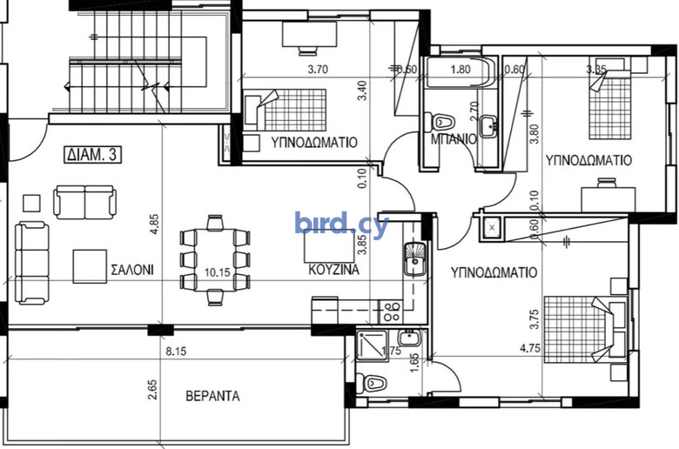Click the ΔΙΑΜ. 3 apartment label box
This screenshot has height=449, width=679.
(93, 155)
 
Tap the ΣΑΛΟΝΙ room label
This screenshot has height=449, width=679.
(132, 270)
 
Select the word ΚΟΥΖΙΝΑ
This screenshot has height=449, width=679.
(333, 270)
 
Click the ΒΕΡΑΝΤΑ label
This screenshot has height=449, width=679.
(212, 396)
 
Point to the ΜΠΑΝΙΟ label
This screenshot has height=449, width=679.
(454, 139)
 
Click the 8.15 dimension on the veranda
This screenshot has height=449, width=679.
(176, 351)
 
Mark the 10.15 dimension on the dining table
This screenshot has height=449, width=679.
(218, 272)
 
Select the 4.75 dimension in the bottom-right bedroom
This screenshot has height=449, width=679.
(530, 348)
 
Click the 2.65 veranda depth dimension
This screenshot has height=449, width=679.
(152, 389)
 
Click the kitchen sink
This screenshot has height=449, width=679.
(415, 259)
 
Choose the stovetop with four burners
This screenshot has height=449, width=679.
(392, 312)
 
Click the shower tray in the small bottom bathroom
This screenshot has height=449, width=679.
(372, 345)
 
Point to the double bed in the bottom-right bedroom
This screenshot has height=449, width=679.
(585, 329)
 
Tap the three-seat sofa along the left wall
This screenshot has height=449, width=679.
(31, 263)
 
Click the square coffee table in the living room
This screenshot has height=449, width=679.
(90, 266)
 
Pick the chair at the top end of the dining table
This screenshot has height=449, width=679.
(215, 223)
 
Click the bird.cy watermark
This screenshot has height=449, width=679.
(341, 224)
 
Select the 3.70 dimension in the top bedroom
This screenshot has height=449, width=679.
(318, 69)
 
